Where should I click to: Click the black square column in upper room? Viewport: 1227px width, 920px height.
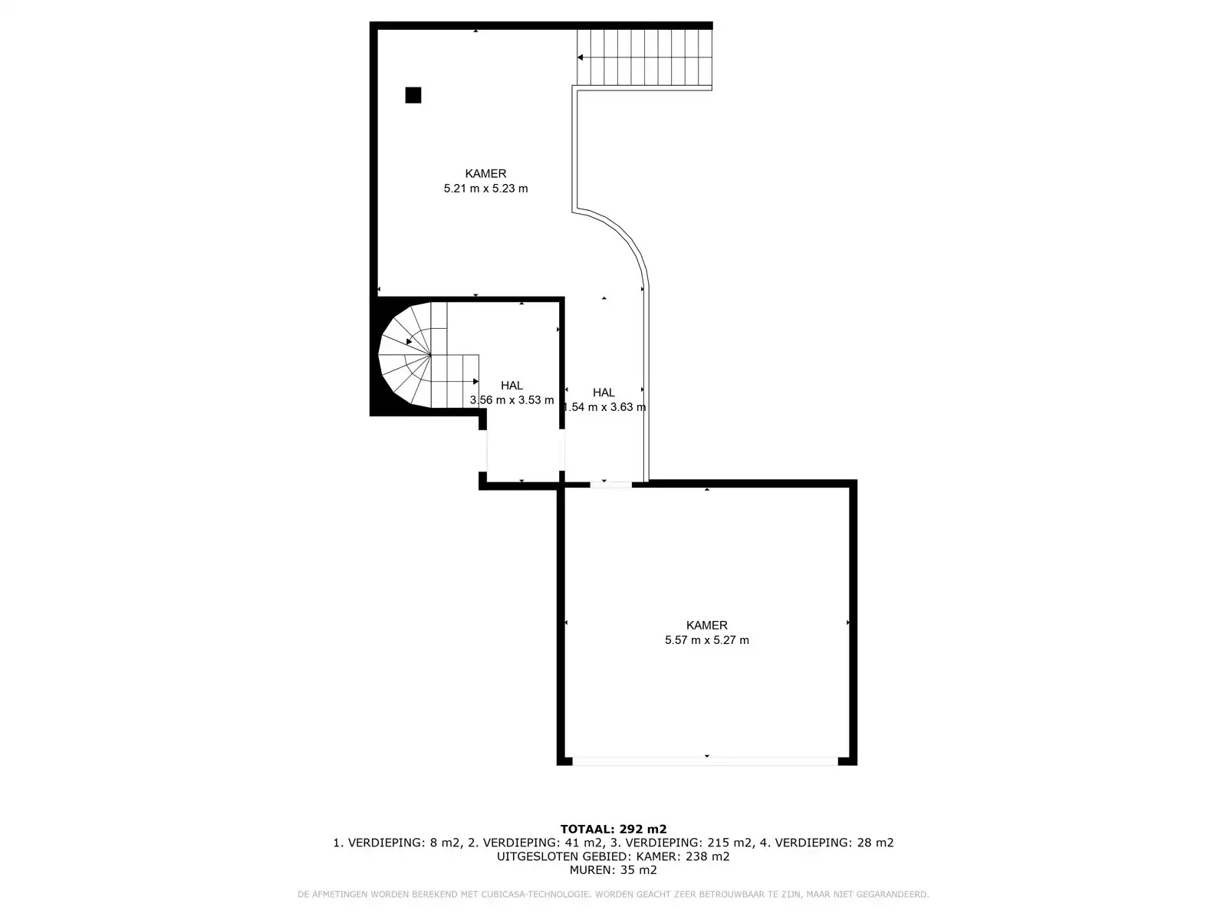[413, 95]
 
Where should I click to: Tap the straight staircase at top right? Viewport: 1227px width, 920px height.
[644, 58]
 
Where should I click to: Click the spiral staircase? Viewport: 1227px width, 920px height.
[418, 356]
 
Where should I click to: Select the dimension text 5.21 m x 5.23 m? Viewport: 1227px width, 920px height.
[485, 189]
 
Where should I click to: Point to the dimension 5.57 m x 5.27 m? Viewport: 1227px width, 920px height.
[706, 640]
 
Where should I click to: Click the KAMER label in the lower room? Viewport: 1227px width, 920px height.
[706, 626]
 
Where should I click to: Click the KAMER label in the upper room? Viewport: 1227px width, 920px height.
[485, 174]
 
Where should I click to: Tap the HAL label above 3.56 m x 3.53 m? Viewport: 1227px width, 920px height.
[512, 386]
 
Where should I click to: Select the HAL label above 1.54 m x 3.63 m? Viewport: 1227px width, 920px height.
[604, 393]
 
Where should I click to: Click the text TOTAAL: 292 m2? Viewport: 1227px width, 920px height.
[613, 829]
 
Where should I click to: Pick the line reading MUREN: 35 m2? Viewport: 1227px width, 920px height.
[613, 870]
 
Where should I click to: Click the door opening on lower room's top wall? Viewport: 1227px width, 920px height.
[610, 485]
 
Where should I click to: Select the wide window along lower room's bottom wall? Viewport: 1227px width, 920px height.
[706, 761]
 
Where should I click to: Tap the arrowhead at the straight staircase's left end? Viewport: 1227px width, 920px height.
[581, 58]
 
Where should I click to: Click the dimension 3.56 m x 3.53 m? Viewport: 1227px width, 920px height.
[512, 400]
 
